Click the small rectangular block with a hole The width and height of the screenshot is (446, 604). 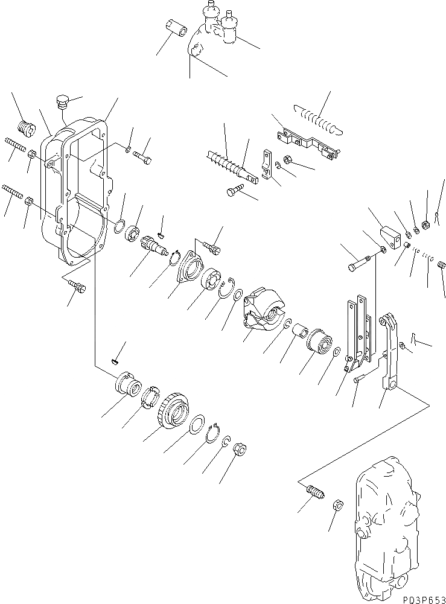tap(390, 236)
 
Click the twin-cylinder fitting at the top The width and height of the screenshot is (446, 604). tap(218, 24)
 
